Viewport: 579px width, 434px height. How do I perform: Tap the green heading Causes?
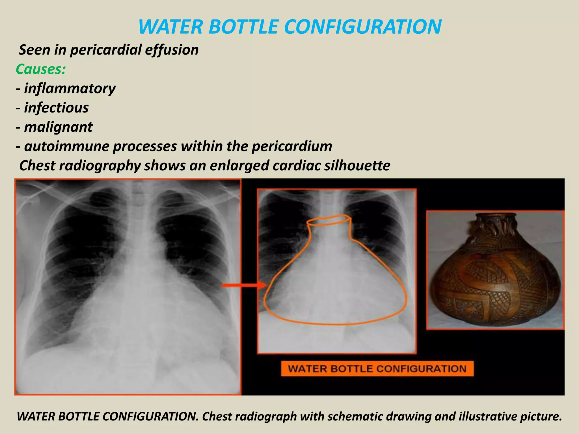(x=41, y=69)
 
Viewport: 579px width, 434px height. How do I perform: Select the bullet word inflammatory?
(x=70, y=89)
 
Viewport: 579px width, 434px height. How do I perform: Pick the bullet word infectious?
(x=56, y=108)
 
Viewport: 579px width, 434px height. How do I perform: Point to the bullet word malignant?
(x=58, y=127)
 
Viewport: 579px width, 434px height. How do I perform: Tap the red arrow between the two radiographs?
(x=243, y=286)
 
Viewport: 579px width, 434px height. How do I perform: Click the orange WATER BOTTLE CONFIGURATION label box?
(x=377, y=368)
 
